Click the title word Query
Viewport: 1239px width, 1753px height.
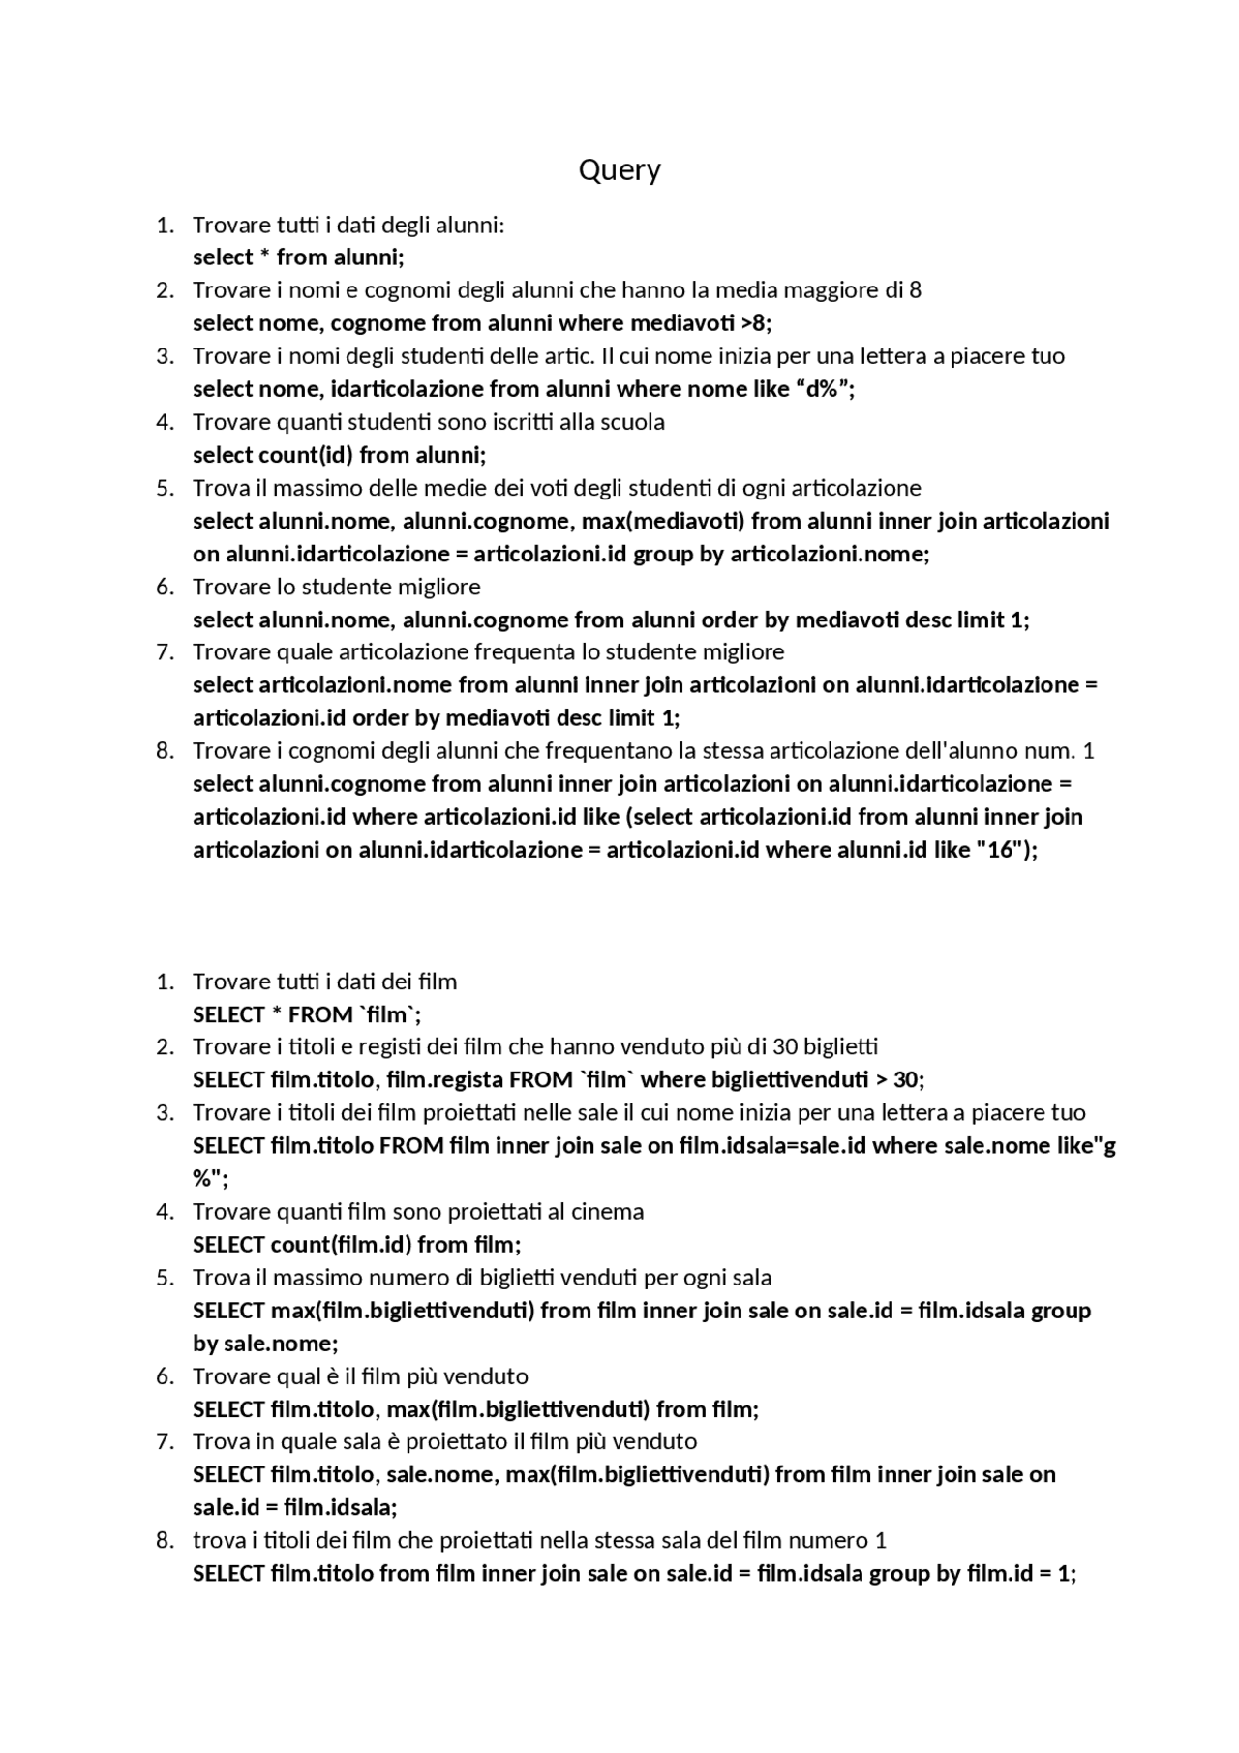click(619, 170)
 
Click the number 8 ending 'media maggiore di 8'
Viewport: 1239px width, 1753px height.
click(915, 289)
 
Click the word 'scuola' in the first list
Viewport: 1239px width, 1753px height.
click(635, 422)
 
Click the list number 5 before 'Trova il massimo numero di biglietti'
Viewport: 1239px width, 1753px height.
click(165, 1277)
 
